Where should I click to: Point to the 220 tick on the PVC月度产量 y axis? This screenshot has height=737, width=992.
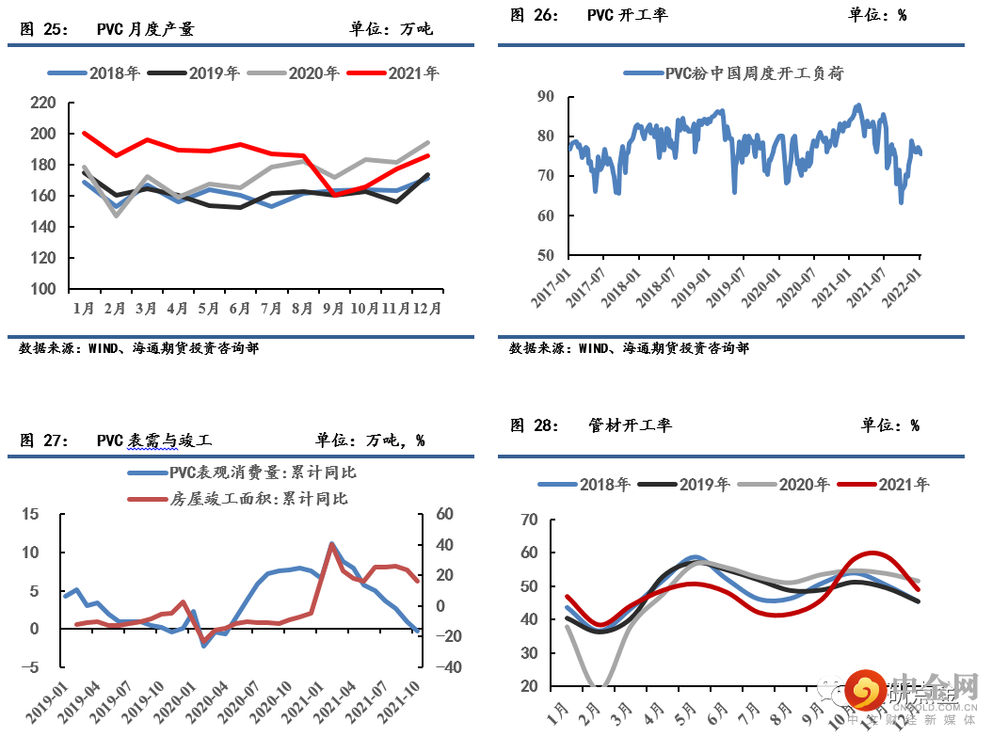pyautogui.click(x=43, y=103)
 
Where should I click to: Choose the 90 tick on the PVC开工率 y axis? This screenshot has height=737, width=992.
pyautogui.click(x=545, y=96)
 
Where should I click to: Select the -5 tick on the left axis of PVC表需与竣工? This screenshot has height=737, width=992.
pyautogui.click(x=31, y=667)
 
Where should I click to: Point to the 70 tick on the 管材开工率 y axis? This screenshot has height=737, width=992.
pyautogui.click(x=529, y=520)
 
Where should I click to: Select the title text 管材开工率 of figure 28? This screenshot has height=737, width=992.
pyautogui.click(x=627, y=425)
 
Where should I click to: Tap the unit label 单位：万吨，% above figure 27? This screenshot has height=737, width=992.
pyautogui.click(x=370, y=440)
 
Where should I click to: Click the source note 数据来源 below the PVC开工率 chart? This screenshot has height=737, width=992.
pyautogui.click(x=629, y=348)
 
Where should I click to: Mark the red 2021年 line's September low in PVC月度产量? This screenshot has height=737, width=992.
pyautogui.click(x=335, y=195)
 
